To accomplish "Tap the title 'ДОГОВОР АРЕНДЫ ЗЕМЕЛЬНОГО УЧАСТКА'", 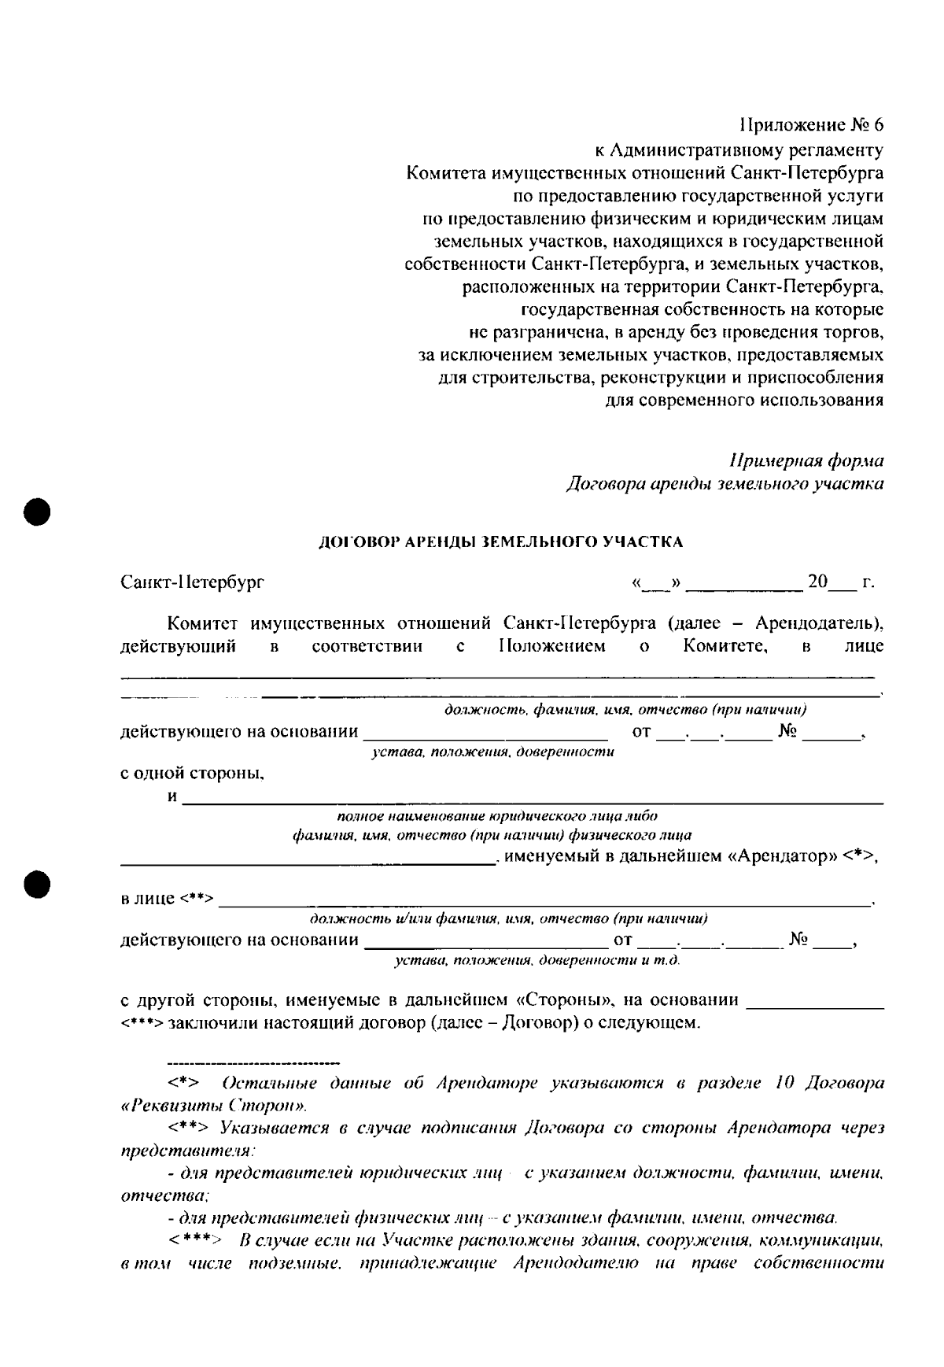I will pos(500,541).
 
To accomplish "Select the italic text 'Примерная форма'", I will pos(806,460).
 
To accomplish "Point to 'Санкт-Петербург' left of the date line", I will pos(192,583).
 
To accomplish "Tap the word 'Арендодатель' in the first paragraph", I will pos(816,624).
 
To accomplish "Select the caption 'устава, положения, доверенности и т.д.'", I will pos(537,960).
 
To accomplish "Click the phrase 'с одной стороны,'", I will pos(192,774).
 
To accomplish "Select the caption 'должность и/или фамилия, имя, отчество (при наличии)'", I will pos(508,918).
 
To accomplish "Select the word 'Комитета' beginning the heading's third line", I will pos(440,172).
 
